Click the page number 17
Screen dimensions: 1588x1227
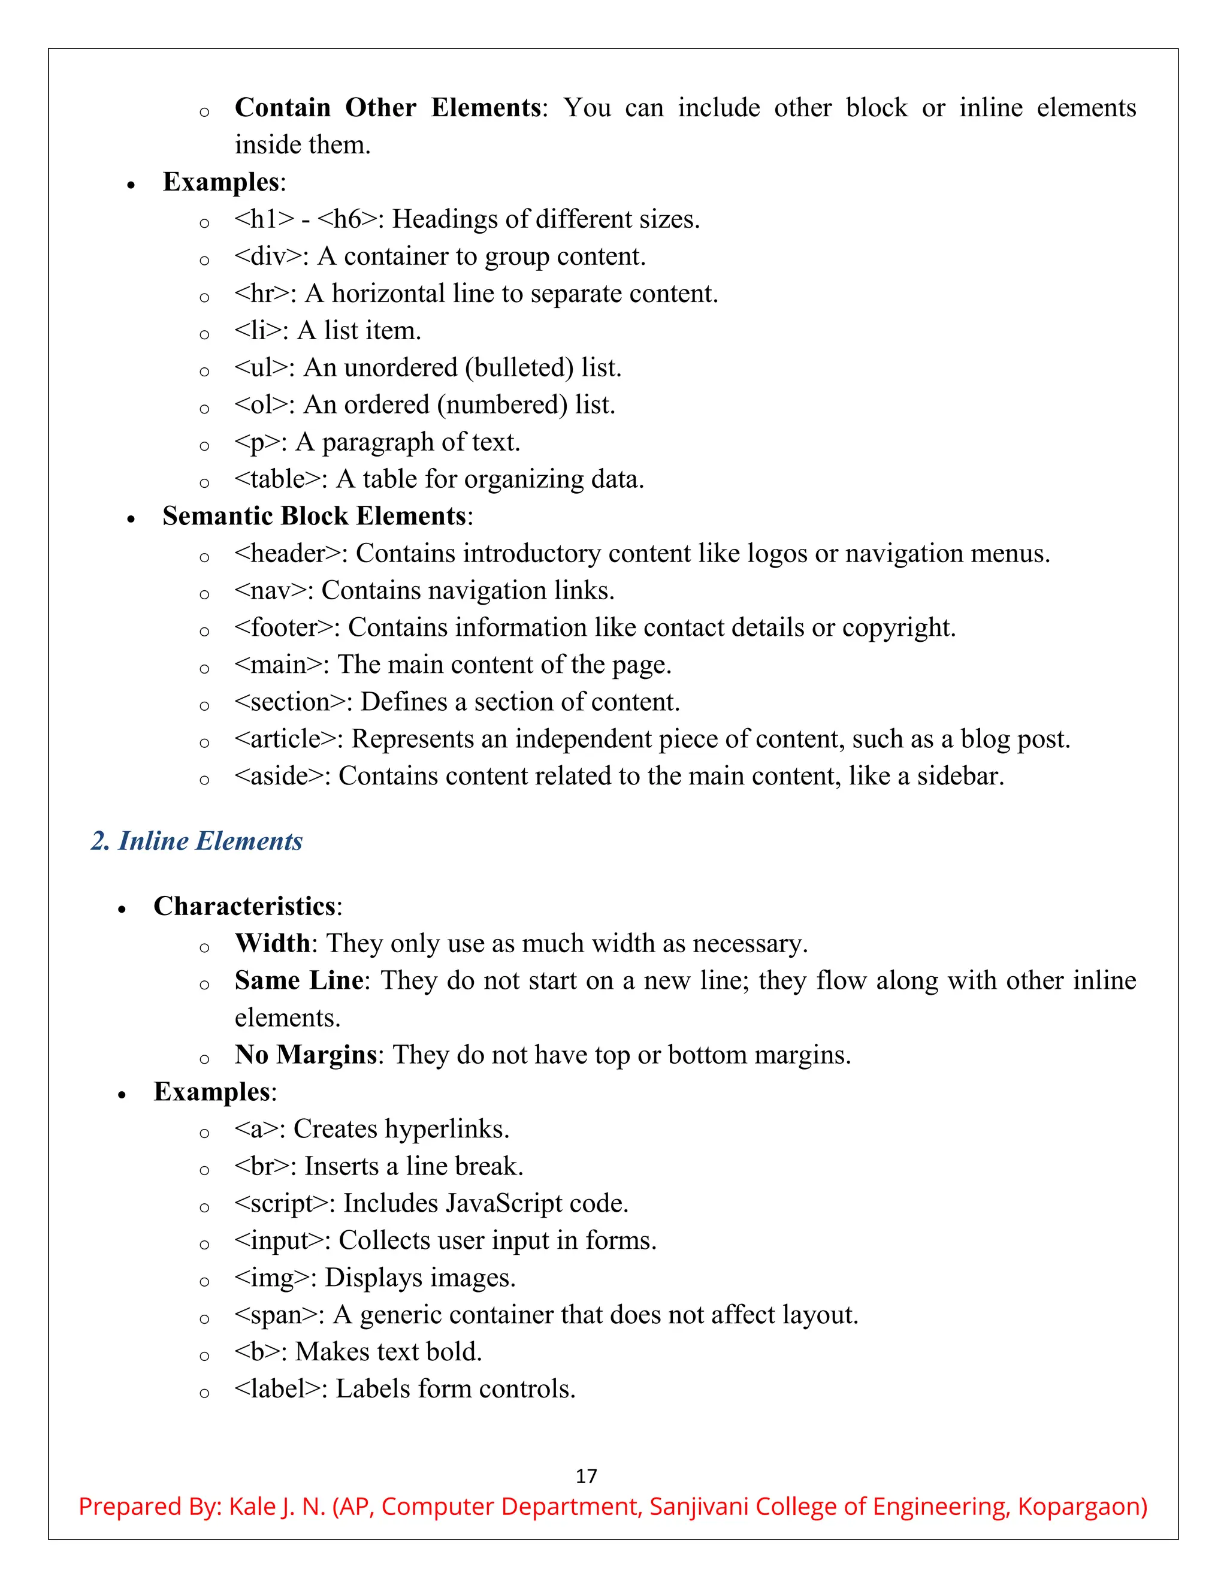(x=586, y=1476)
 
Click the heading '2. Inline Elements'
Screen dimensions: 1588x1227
(x=197, y=841)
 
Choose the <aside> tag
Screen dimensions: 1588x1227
(x=279, y=776)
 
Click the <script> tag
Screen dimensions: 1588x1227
(x=280, y=1203)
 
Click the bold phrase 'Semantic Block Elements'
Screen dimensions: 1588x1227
(x=314, y=516)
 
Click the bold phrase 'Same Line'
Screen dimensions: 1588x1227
(x=298, y=980)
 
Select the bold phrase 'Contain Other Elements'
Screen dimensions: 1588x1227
(x=388, y=108)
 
